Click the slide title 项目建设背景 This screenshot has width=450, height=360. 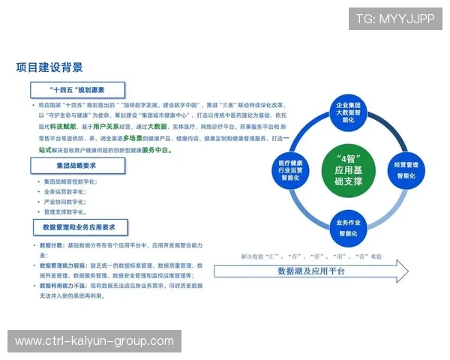tap(49, 67)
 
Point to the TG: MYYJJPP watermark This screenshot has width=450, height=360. tap(395, 18)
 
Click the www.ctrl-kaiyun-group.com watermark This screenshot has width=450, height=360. tap(94, 341)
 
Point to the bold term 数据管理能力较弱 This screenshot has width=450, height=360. tap(61, 265)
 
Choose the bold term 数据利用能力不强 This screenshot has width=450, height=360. tap(61, 286)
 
